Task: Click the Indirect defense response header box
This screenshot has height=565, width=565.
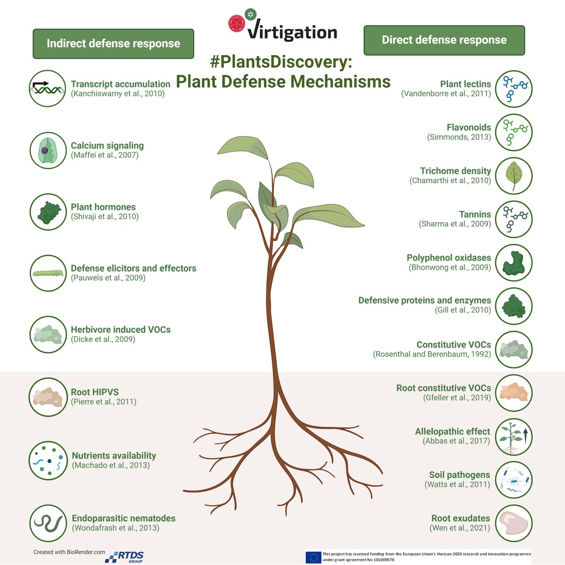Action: click(x=113, y=44)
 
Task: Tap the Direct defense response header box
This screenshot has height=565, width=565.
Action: click(x=444, y=40)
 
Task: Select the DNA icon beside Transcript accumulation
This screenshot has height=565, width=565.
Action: click(x=47, y=89)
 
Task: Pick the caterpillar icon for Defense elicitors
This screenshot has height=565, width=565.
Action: click(x=47, y=273)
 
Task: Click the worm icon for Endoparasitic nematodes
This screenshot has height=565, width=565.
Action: click(x=47, y=523)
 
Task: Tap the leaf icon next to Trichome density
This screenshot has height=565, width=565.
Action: click(x=514, y=176)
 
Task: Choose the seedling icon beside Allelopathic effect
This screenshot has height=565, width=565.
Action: click(x=514, y=436)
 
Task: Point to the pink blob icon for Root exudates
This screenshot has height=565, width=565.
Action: click(x=514, y=523)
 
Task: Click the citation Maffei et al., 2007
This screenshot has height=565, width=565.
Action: click(x=105, y=155)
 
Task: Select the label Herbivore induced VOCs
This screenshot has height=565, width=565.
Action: click(x=121, y=330)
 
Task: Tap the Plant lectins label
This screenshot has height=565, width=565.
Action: click(x=465, y=84)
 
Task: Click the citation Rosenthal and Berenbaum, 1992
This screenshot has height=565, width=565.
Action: click(x=432, y=354)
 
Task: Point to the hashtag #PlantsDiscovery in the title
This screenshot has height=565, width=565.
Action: click(x=281, y=62)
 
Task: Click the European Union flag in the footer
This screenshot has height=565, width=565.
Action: click(x=313, y=557)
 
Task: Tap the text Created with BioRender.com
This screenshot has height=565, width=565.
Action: click(x=69, y=552)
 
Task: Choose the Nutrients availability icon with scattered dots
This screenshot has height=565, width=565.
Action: click(x=47, y=460)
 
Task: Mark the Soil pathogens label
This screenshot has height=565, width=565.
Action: click(x=459, y=475)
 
